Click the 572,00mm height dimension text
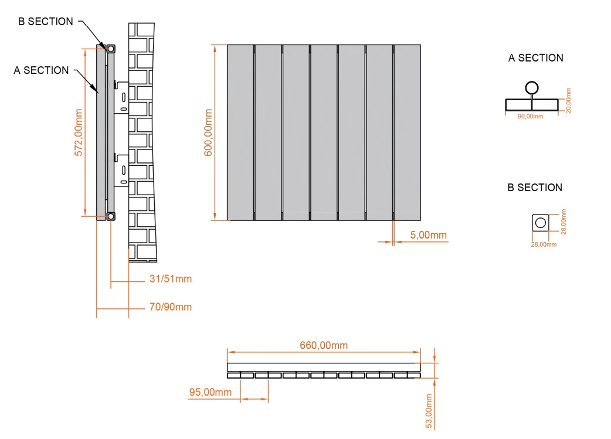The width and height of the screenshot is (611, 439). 79,133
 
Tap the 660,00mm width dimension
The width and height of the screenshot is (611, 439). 324,345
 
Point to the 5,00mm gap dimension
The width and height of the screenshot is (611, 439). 428,235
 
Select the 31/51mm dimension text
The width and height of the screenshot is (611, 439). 170,279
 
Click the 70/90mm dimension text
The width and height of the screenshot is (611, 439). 170,307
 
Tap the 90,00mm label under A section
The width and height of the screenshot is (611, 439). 531,116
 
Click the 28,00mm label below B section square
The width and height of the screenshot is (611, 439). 544,244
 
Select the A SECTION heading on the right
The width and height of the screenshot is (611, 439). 535,58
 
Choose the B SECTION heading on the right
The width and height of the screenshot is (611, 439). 535,188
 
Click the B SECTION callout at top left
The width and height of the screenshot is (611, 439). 46,22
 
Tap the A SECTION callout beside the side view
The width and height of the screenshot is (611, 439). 41,70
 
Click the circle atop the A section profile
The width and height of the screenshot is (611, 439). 531,88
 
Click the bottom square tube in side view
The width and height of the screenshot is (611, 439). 110,216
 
